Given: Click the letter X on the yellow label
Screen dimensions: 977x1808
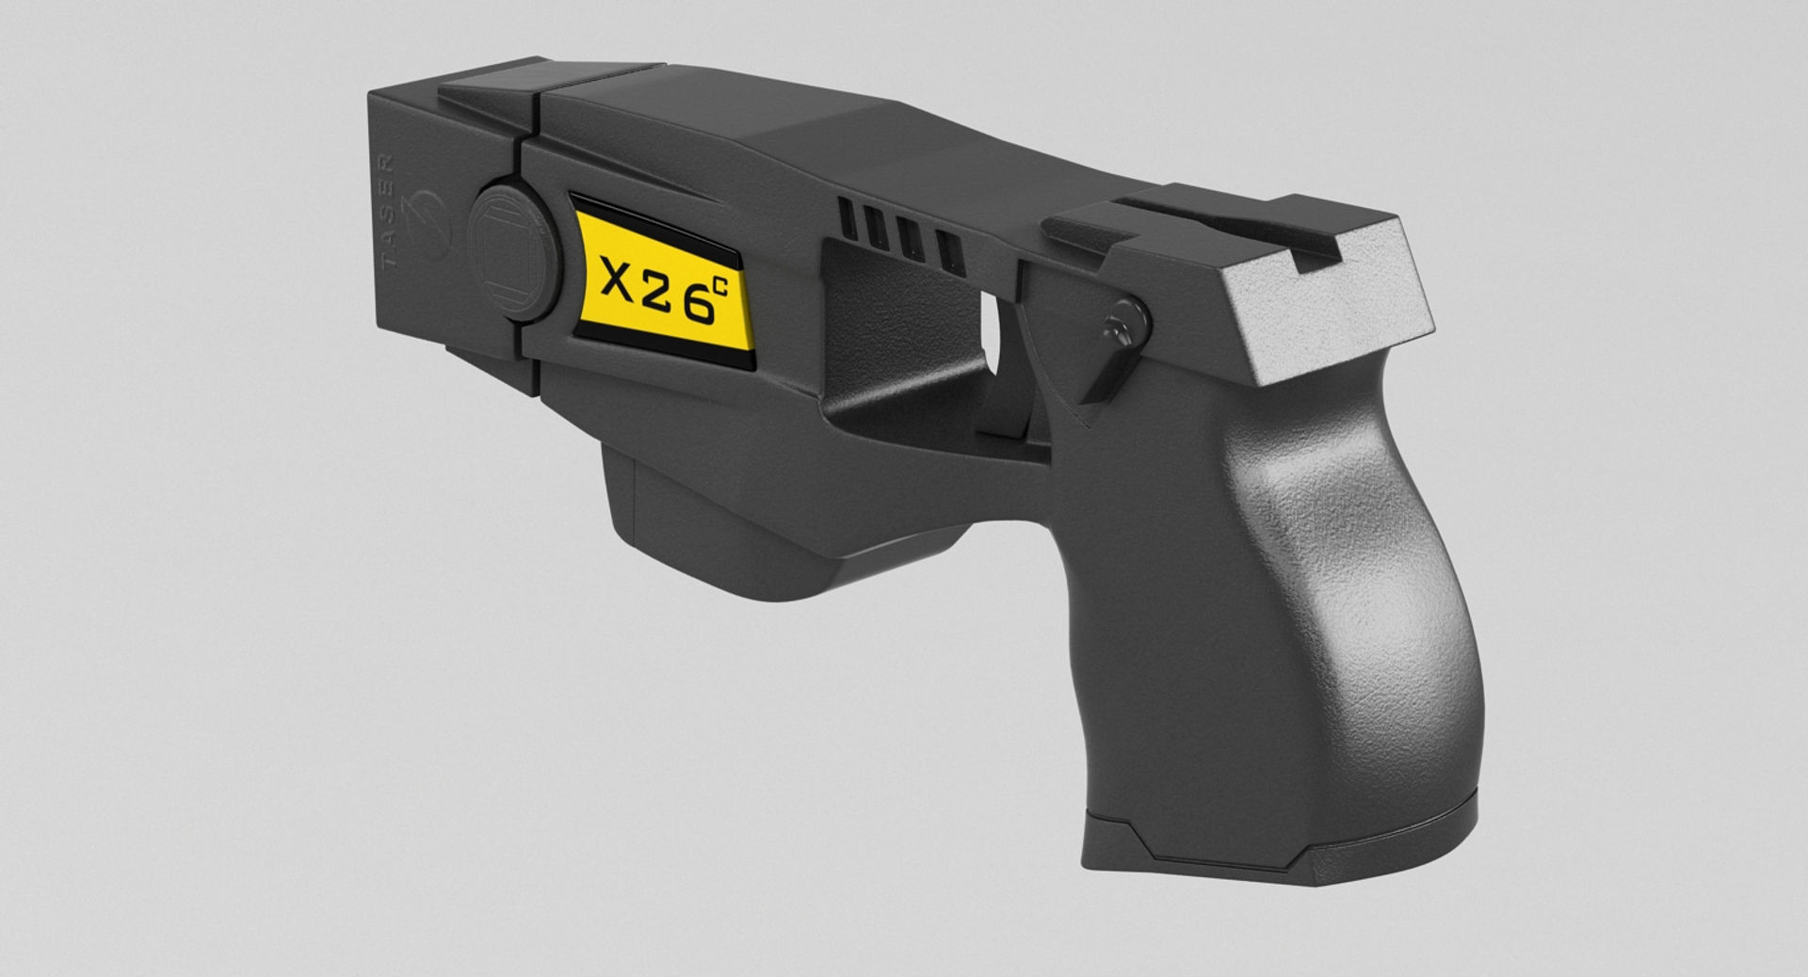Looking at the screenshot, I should click(x=617, y=280).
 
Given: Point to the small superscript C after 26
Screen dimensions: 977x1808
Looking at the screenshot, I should click(x=720, y=287).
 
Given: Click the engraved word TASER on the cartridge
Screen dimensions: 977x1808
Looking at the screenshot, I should click(x=388, y=213).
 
